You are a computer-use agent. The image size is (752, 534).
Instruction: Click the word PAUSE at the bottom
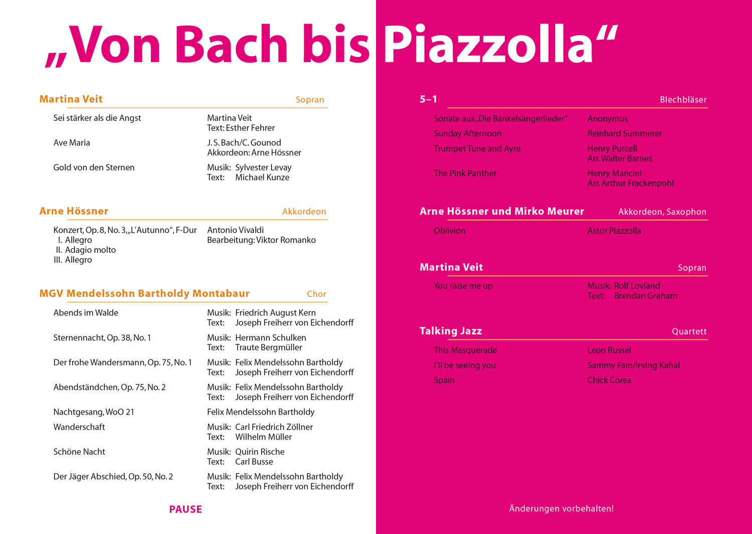pos(185,509)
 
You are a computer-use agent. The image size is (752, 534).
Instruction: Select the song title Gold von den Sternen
pos(94,168)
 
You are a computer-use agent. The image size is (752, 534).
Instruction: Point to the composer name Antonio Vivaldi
pos(235,230)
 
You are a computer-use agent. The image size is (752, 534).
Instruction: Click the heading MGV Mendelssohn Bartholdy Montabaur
pos(144,294)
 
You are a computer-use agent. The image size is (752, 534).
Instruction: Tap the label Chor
pos(316,294)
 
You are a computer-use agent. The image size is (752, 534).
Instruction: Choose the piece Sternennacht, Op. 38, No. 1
pos(102,338)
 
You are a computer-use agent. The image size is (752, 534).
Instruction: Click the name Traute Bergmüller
pos(269,347)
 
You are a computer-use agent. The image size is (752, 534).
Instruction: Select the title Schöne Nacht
pos(79,452)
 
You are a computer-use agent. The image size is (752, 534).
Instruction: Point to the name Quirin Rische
pos(260,452)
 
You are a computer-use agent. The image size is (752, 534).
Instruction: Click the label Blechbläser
pos(683,100)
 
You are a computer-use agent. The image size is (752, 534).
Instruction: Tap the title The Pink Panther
pos(465,173)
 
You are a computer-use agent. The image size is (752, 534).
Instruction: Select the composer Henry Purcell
pos(612,149)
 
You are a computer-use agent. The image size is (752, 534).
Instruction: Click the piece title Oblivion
pos(449,231)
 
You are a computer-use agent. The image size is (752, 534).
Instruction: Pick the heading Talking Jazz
pos(451,331)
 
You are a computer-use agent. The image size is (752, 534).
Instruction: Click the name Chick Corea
pos(609,380)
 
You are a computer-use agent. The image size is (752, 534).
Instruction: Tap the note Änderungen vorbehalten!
pos(561,508)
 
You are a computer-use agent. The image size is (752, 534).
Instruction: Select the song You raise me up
pos(463,286)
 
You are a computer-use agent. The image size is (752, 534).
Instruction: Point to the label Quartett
pos(689,331)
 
